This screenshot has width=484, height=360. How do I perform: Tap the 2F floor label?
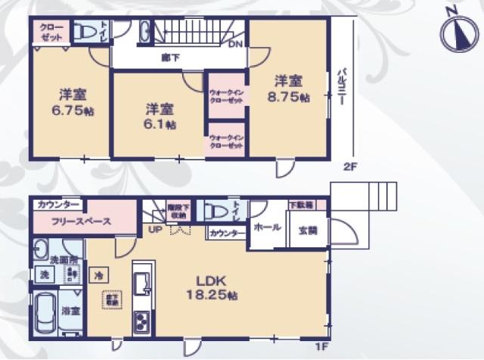coord(349,166)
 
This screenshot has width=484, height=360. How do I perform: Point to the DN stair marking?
coord(235,44)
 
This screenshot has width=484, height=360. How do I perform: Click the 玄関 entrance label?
coord(308,230)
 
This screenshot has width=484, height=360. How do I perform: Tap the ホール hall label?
coord(268,227)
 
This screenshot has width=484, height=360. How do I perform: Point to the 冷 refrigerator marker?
coord(98,275)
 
